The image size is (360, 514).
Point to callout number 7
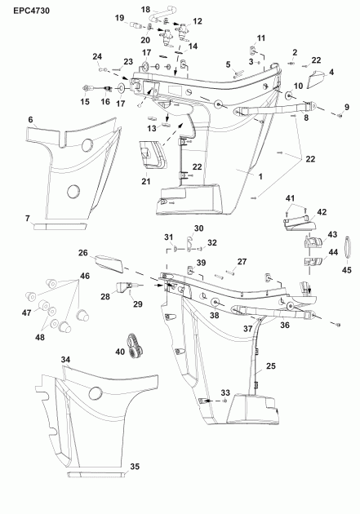click(x=27, y=219)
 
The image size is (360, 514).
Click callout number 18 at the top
click(x=146, y=8)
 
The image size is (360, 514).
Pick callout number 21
click(x=145, y=180)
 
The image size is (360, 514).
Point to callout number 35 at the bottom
click(x=136, y=467)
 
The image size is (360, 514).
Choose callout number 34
click(x=65, y=358)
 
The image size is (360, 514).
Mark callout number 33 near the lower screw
click(x=225, y=392)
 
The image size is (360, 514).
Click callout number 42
click(x=322, y=212)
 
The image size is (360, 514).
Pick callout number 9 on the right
click(x=346, y=106)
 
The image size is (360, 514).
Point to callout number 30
click(x=199, y=228)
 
